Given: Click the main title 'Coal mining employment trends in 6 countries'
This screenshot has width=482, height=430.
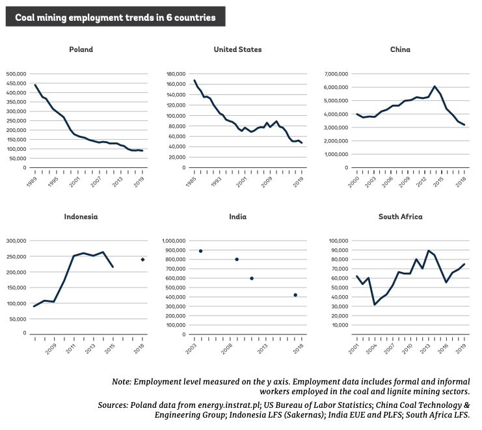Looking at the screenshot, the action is point(115,17).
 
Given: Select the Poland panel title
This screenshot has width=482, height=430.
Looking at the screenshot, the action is point(81,49).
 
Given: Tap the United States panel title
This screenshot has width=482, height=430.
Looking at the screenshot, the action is point(237,49).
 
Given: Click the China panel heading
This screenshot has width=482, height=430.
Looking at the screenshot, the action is point(400,49).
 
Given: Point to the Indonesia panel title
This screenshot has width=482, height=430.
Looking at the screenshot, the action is point(81,217).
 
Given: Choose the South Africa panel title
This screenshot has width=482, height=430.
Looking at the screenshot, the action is point(400,217).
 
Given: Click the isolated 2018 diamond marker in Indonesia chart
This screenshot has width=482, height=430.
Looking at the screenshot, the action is point(142,260).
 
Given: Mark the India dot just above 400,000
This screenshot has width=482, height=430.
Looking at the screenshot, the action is point(295,295).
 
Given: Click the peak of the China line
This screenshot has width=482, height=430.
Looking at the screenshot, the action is point(435,87).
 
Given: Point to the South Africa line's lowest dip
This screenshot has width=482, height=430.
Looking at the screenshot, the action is point(375,304).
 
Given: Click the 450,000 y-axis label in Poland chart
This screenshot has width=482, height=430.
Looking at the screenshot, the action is point(16,83).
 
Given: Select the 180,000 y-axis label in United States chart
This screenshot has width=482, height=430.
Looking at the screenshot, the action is point(176,74).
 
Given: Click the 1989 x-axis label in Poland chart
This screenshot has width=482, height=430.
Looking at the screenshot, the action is point(32,181).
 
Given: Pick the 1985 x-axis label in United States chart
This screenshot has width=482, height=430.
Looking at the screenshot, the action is point(191,181).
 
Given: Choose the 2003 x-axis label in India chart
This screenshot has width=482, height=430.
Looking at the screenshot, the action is point(191,349).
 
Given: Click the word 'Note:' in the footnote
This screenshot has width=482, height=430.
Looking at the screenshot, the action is point(122,382).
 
